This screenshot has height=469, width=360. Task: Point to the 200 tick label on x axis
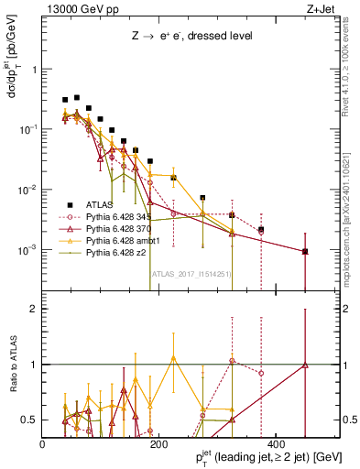coord(158,444)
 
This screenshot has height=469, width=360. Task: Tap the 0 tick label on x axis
coord(43,444)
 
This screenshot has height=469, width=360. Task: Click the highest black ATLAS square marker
coord(77,97)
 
